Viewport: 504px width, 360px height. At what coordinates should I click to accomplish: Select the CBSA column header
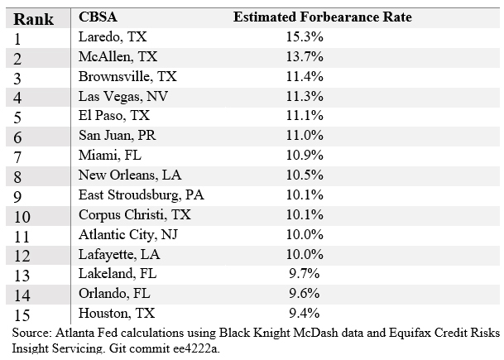(x=98, y=17)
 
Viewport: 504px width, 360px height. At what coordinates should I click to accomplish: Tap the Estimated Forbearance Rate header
(x=322, y=17)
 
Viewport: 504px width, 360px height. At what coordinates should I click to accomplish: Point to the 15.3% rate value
(x=305, y=37)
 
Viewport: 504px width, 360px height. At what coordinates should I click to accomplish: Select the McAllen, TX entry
(x=117, y=57)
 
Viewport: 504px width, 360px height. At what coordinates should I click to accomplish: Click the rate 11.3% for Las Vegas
(x=305, y=96)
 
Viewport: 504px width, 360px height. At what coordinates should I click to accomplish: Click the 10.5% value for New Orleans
(x=305, y=175)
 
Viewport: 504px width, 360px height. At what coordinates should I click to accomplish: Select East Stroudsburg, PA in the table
(x=141, y=195)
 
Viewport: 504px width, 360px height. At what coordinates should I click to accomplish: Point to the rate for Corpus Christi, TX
(x=305, y=214)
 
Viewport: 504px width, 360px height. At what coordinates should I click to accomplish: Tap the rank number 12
(x=23, y=255)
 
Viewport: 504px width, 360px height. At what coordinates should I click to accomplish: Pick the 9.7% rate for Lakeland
(x=305, y=274)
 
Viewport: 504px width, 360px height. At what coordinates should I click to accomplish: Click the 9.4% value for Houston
(x=305, y=313)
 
